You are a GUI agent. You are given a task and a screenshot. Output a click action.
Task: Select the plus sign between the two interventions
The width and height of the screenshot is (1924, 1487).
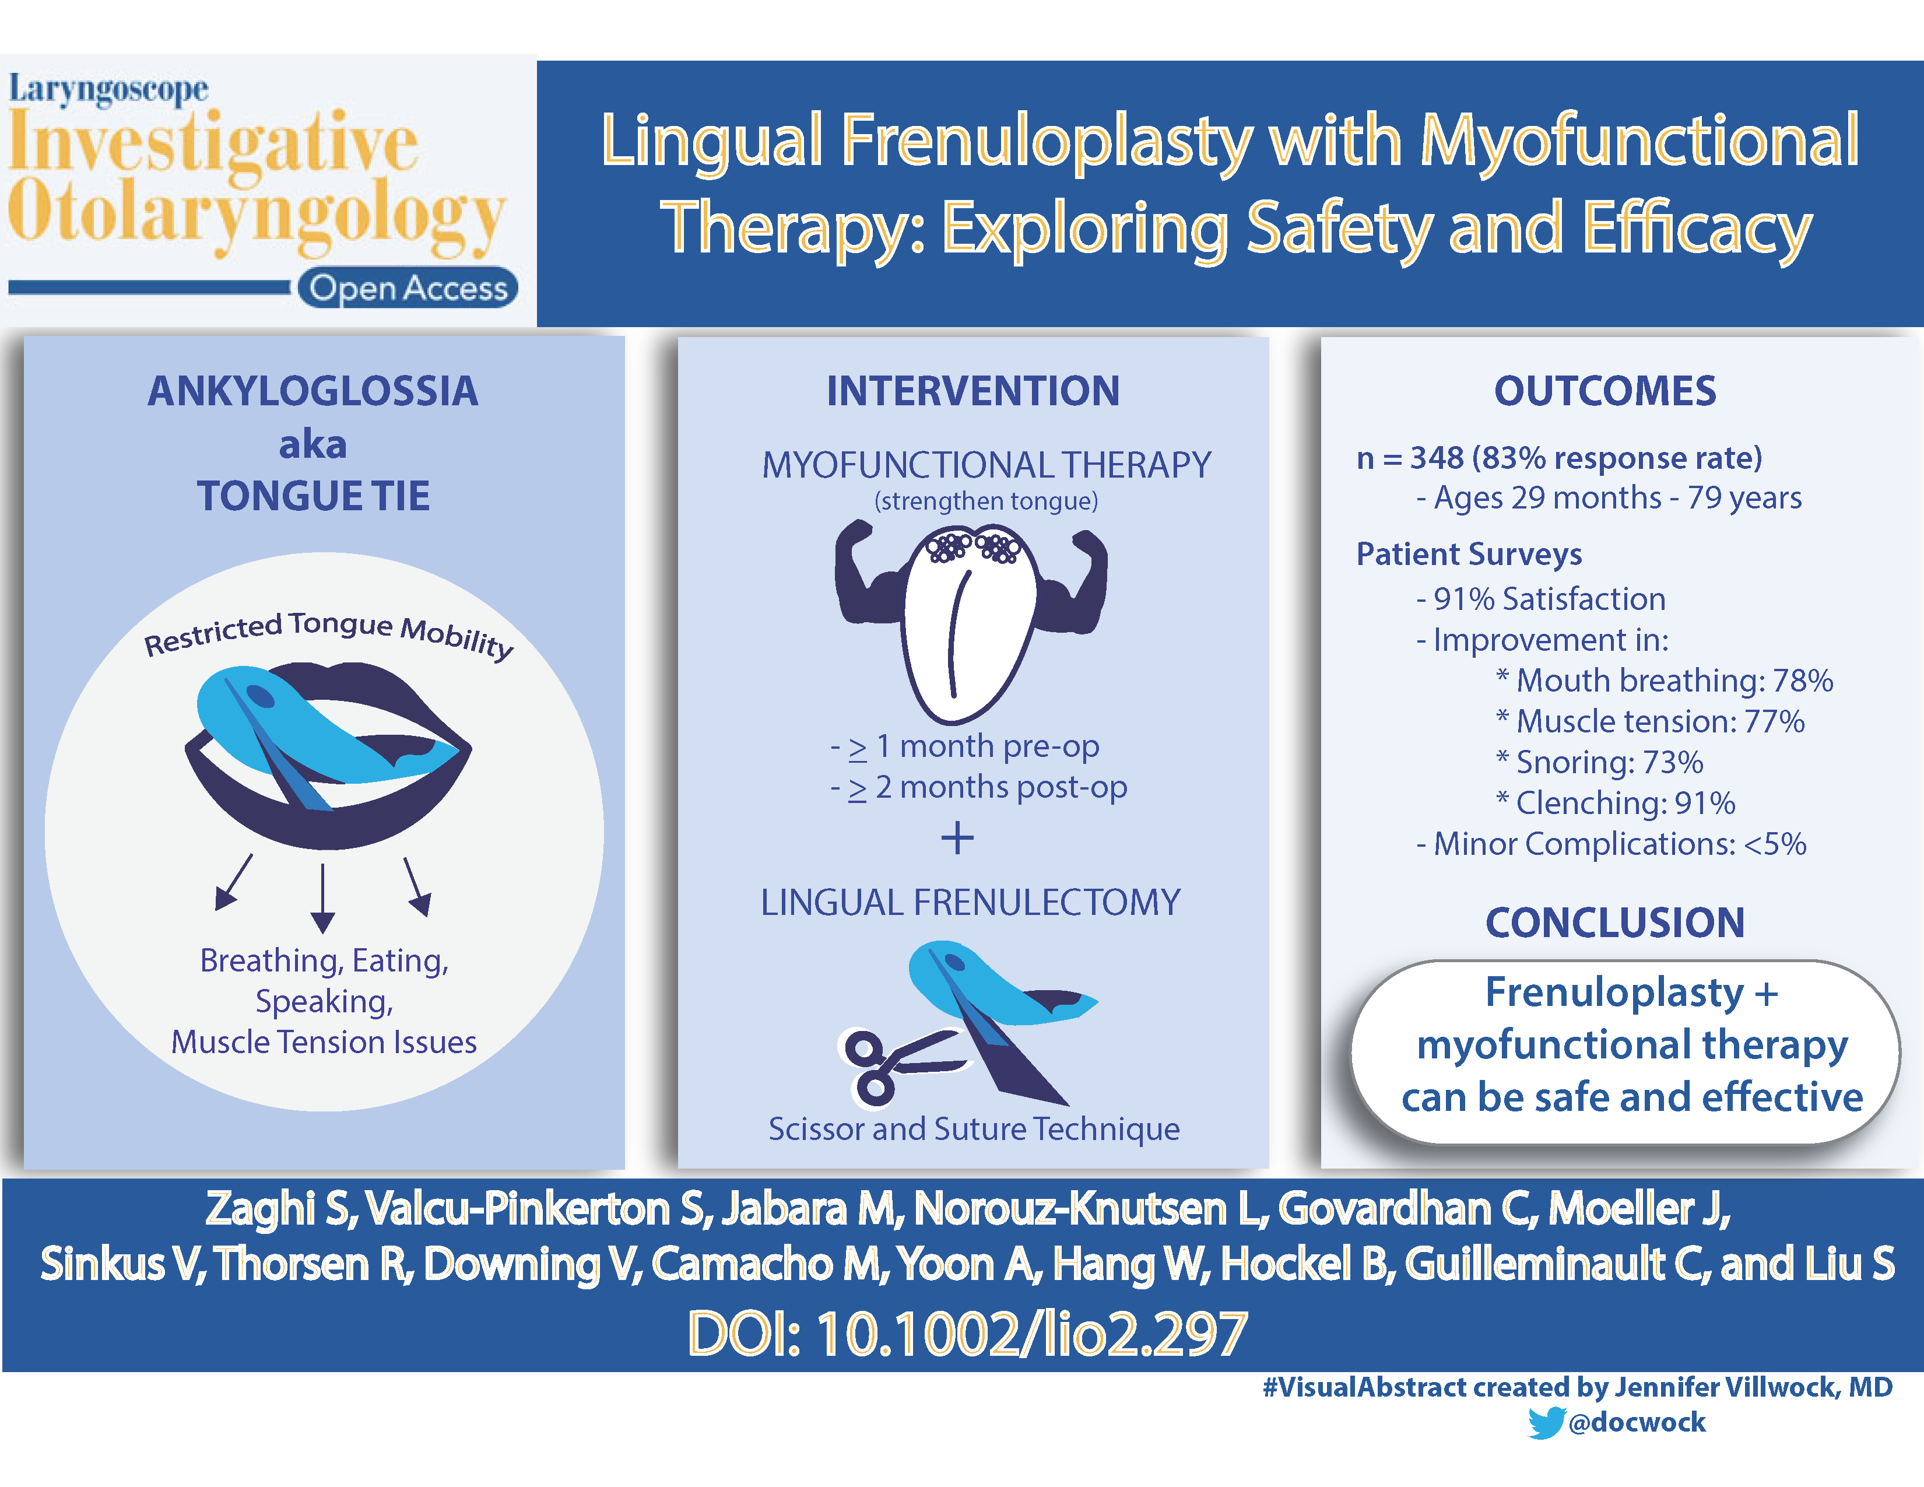pyautogui.click(x=957, y=838)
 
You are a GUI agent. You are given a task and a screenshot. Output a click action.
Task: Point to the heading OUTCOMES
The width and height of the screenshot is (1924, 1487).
pyautogui.click(x=1605, y=391)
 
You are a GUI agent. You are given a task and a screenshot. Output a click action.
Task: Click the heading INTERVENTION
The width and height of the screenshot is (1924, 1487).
pyautogui.click(x=972, y=391)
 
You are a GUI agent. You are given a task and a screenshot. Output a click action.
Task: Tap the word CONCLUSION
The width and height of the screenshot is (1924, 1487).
pyautogui.click(x=1615, y=923)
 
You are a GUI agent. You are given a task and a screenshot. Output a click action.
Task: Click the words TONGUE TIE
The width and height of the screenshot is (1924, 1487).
pyautogui.click(x=314, y=497)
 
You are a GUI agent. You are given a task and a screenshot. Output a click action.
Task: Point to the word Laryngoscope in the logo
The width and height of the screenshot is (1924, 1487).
pyautogui.click(x=108, y=90)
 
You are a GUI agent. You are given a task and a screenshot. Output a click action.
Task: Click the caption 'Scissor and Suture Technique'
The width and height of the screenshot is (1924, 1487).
pyautogui.click(x=974, y=1130)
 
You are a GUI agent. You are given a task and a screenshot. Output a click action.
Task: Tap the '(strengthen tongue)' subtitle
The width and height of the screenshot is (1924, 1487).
pyautogui.click(x=986, y=501)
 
